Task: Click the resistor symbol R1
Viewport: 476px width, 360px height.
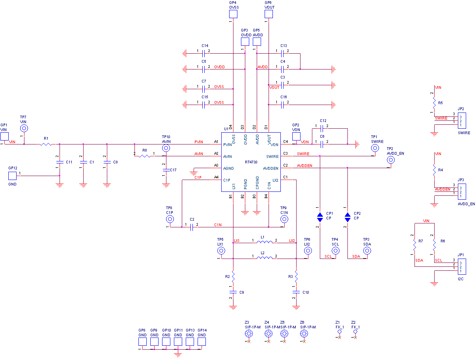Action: coord(46,144)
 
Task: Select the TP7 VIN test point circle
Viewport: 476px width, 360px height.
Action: coord(24,128)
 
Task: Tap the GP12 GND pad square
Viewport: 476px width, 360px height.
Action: coord(13,176)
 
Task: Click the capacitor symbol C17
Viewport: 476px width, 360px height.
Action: coord(166,170)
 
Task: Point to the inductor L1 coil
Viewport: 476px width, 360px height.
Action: coord(265,242)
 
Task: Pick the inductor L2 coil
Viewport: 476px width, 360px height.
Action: coord(265,258)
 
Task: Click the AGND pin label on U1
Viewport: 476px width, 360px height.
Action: coord(228,169)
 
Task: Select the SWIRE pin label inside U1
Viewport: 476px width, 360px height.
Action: coord(273,157)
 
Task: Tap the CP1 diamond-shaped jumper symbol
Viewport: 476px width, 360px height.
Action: coord(320,217)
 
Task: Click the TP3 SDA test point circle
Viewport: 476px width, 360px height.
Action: coord(367,251)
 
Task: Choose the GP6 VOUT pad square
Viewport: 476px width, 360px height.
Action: coord(269,14)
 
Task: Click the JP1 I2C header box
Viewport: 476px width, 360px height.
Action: coord(462,266)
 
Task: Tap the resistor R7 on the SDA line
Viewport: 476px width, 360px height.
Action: coord(414,245)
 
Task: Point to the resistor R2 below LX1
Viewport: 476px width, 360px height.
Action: coord(233,275)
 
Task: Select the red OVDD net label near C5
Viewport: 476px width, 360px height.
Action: coord(219,67)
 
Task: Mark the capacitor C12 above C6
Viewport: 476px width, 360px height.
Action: coord(323,129)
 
